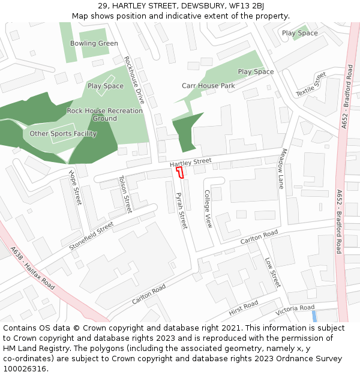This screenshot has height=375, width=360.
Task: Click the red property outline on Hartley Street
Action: [x=179, y=172]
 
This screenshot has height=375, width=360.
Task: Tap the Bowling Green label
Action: [x=94, y=43]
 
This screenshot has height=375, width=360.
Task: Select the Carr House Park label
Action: [x=208, y=86]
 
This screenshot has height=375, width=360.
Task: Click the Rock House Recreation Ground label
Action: [x=105, y=114]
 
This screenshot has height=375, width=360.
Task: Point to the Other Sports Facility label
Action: [x=63, y=134]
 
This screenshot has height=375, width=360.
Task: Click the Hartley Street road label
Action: [x=190, y=163]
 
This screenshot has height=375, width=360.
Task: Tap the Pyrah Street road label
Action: [x=181, y=211]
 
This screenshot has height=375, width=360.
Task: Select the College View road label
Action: [x=208, y=209]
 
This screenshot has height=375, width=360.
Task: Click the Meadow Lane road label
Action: [x=280, y=169]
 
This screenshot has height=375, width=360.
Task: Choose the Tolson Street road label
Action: [x=125, y=194]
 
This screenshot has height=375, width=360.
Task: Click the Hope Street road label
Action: [x=75, y=187]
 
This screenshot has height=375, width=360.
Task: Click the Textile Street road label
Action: [x=311, y=84]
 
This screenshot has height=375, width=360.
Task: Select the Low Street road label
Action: [x=272, y=272]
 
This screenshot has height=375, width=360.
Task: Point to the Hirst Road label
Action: [x=243, y=308]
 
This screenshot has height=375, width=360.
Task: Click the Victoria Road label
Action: [x=295, y=310]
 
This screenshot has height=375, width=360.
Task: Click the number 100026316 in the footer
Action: [x=26, y=368]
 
